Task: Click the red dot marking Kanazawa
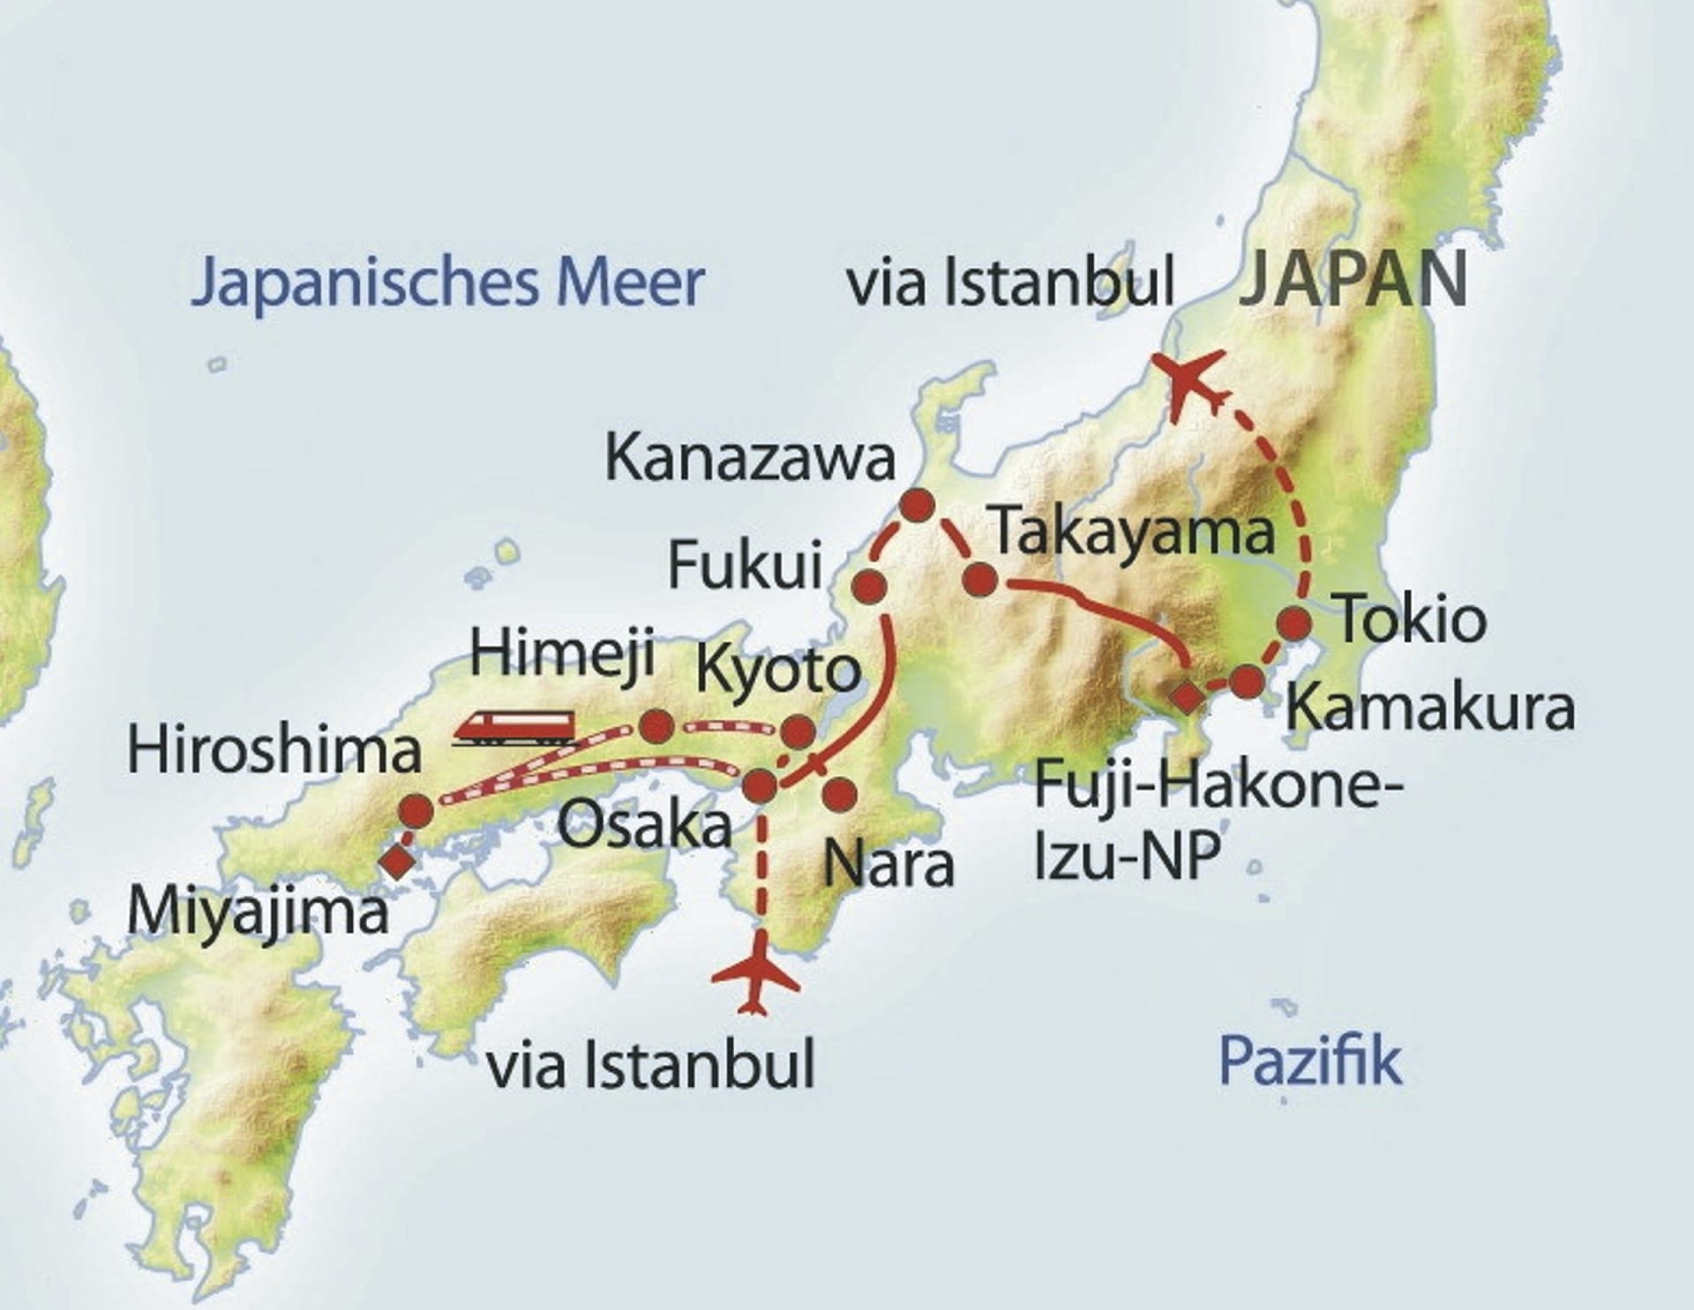coord(917,505)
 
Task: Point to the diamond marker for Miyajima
coord(396,858)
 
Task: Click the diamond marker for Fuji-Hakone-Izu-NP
coord(1187,696)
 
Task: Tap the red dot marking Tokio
coord(1294,624)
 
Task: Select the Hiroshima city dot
coord(416,810)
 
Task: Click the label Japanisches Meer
coord(447,281)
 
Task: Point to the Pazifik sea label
coord(1309,1061)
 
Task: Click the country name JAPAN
coord(1354,279)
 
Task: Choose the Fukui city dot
coord(869,585)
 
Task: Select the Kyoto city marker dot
coord(798,730)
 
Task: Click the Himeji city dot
coord(656,726)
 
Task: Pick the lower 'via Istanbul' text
coord(651,1065)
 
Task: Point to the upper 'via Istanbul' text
coord(1010,283)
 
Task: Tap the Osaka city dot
coord(761,784)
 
